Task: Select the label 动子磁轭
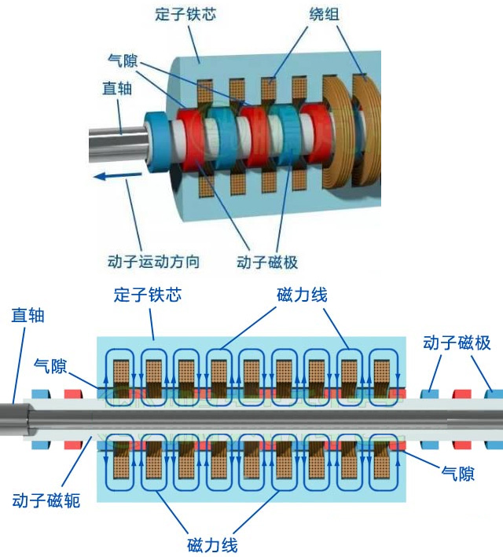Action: click(46, 500)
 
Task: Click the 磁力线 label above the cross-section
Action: click(302, 295)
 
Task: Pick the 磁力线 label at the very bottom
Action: click(212, 544)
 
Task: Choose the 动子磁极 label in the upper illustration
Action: click(267, 261)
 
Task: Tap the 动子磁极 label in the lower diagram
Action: click(457, 343)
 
